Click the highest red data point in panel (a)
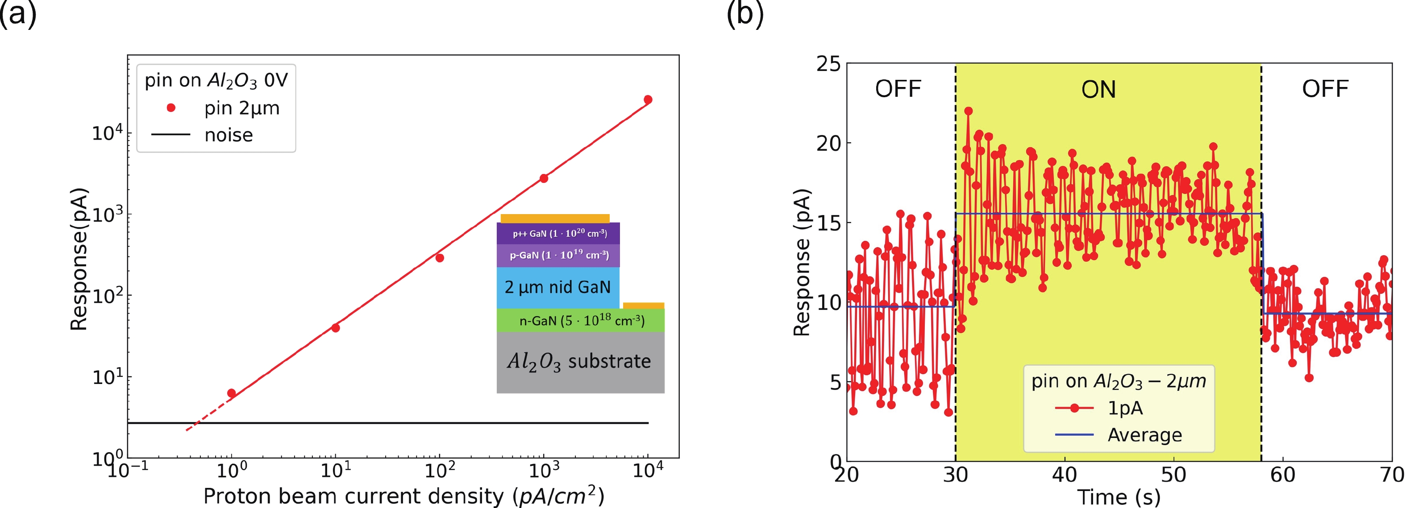(648, 100)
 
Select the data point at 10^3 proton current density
(544, 178)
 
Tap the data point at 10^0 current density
(231, 393)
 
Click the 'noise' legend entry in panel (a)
(228, 135)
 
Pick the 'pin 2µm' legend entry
(241, 108)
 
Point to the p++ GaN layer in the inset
(558, 233)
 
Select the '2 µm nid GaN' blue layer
(557, 288)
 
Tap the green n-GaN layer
(581, 321)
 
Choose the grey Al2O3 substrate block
(580, 362)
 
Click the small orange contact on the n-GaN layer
(644, 306)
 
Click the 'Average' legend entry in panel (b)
(1144, 435)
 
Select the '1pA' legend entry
(1125, 408)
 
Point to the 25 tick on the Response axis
(828, 64)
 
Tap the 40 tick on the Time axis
(1065, 475)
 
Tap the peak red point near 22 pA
(968, 111)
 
